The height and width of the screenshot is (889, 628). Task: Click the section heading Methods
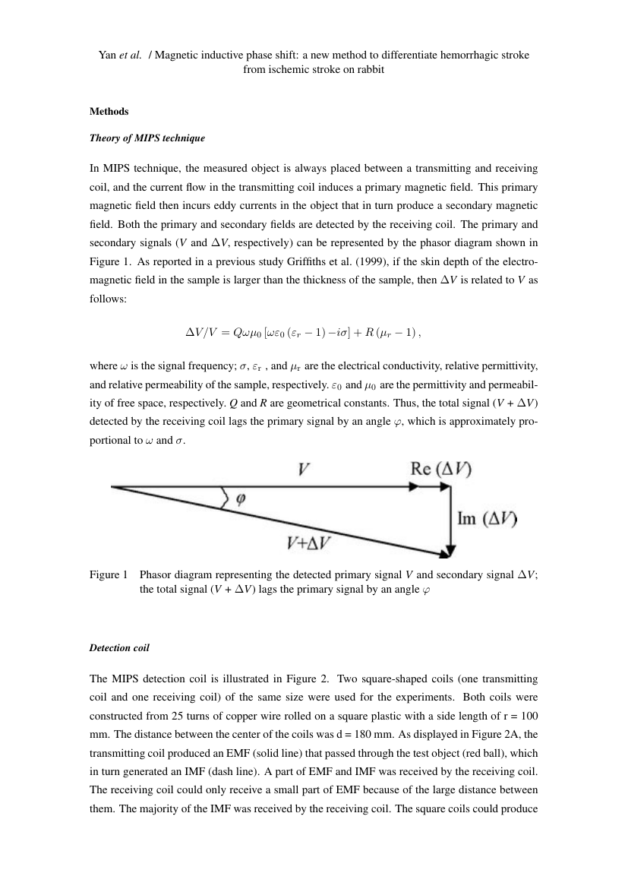109,112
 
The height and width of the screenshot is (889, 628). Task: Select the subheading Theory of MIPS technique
147,139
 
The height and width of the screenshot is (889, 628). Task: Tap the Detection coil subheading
119,648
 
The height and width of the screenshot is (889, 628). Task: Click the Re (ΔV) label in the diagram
440,470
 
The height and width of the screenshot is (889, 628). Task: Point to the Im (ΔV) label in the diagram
487,519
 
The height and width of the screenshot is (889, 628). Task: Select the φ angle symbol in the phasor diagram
241,499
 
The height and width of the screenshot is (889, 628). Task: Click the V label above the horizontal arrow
303,470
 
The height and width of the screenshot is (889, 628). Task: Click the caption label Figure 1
109,575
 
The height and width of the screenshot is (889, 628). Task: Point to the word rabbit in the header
369,69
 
